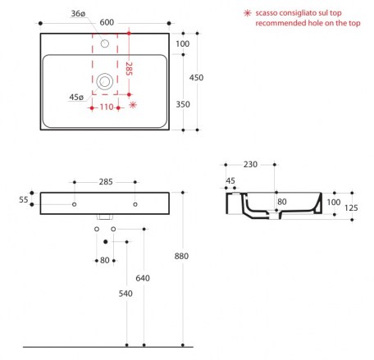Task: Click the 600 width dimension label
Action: click(107, 22)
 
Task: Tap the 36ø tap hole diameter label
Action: click(78, 13)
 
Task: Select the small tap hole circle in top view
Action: click(105, 43)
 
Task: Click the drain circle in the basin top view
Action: click(105, 81)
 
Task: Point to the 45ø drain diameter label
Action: click(76, 97)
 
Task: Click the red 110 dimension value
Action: click(107, 107)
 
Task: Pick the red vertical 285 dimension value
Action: click(129, 69)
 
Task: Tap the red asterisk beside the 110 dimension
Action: click(133, 105)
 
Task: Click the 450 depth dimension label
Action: click(196, 78)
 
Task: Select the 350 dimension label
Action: click(183, 104)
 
